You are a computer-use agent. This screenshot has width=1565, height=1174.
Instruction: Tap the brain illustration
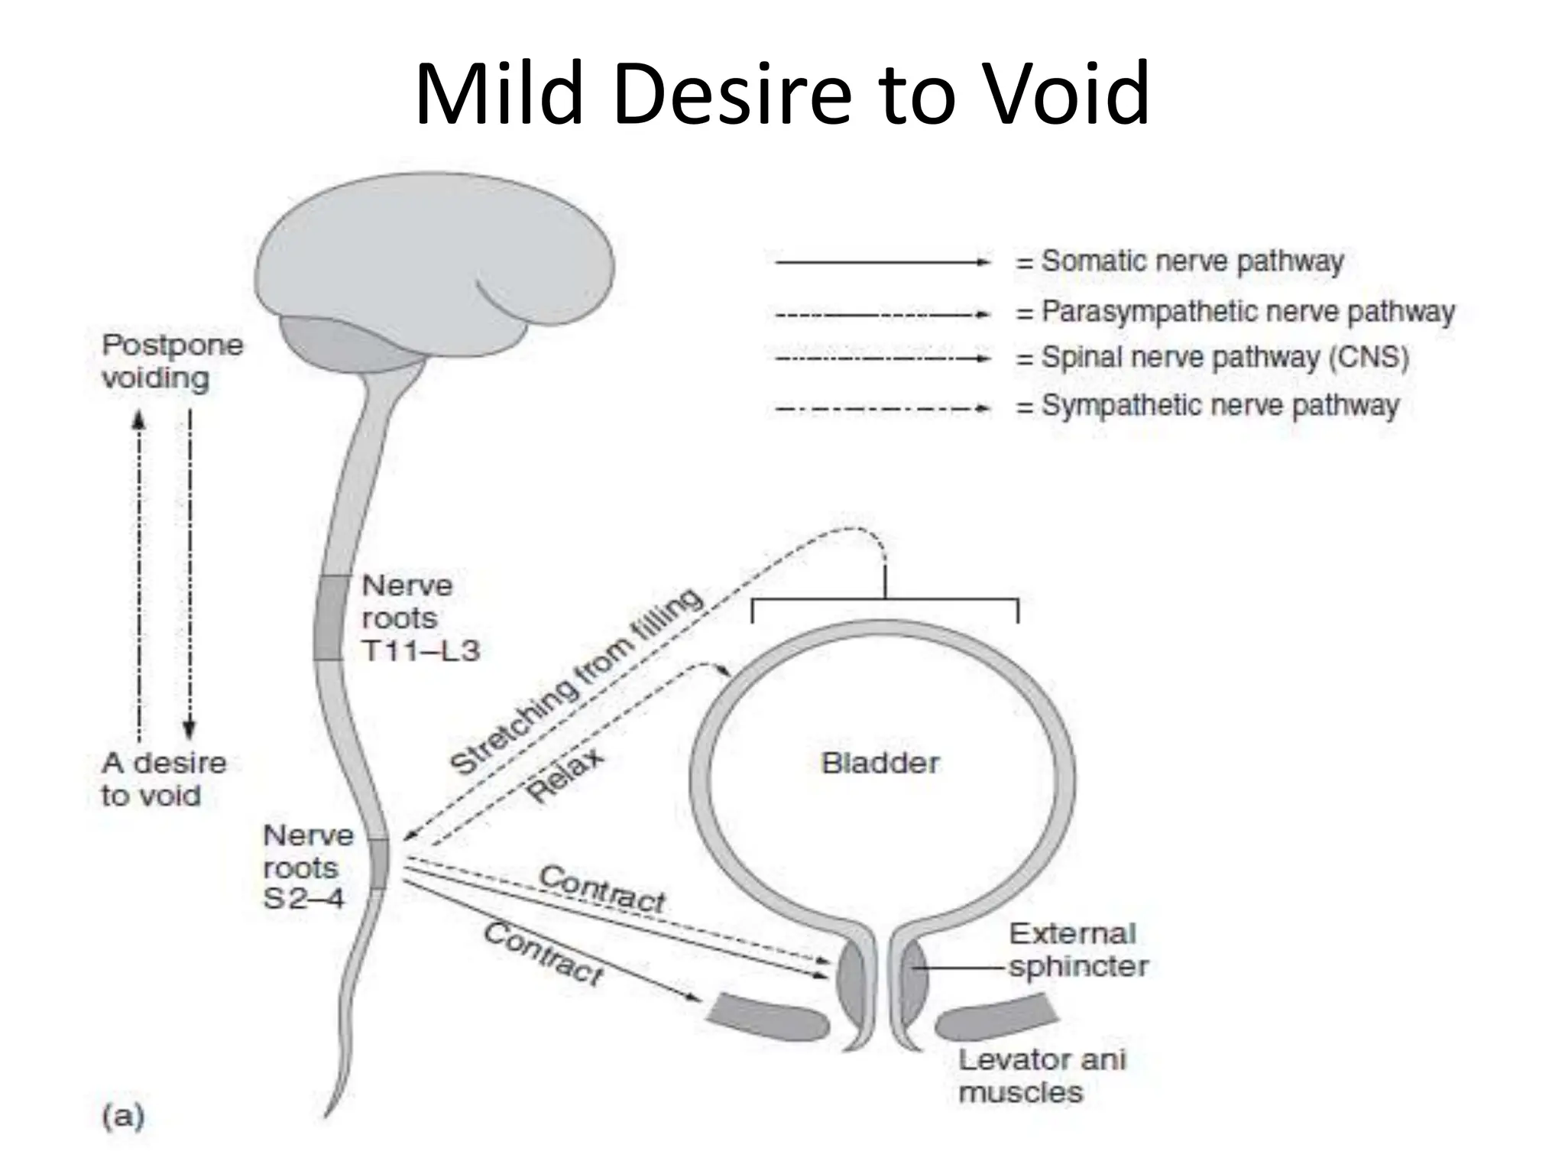tap(436, 260)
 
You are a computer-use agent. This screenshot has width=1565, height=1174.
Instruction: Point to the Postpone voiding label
tap(172, 362)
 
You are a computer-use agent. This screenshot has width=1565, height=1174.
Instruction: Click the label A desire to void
tap(163, 779)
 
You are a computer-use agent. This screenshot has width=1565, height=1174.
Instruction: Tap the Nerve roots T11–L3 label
tap(419, 618)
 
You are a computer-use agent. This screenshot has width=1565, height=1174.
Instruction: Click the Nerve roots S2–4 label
tap(307, 867)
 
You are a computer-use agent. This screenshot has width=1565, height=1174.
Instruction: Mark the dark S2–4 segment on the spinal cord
tap(378, 864)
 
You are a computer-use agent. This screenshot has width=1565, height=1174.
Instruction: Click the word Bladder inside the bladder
tap(880, 763)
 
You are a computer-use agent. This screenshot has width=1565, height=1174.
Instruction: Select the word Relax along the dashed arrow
tap(565, 775)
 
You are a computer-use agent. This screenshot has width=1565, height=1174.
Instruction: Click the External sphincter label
tap(1077, 950)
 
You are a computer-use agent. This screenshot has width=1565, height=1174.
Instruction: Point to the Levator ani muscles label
tap(1041, 1075)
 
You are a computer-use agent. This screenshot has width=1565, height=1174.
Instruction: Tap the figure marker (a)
tap(123, 1117)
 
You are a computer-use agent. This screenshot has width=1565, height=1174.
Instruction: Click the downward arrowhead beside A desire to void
tap(190, 728)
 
